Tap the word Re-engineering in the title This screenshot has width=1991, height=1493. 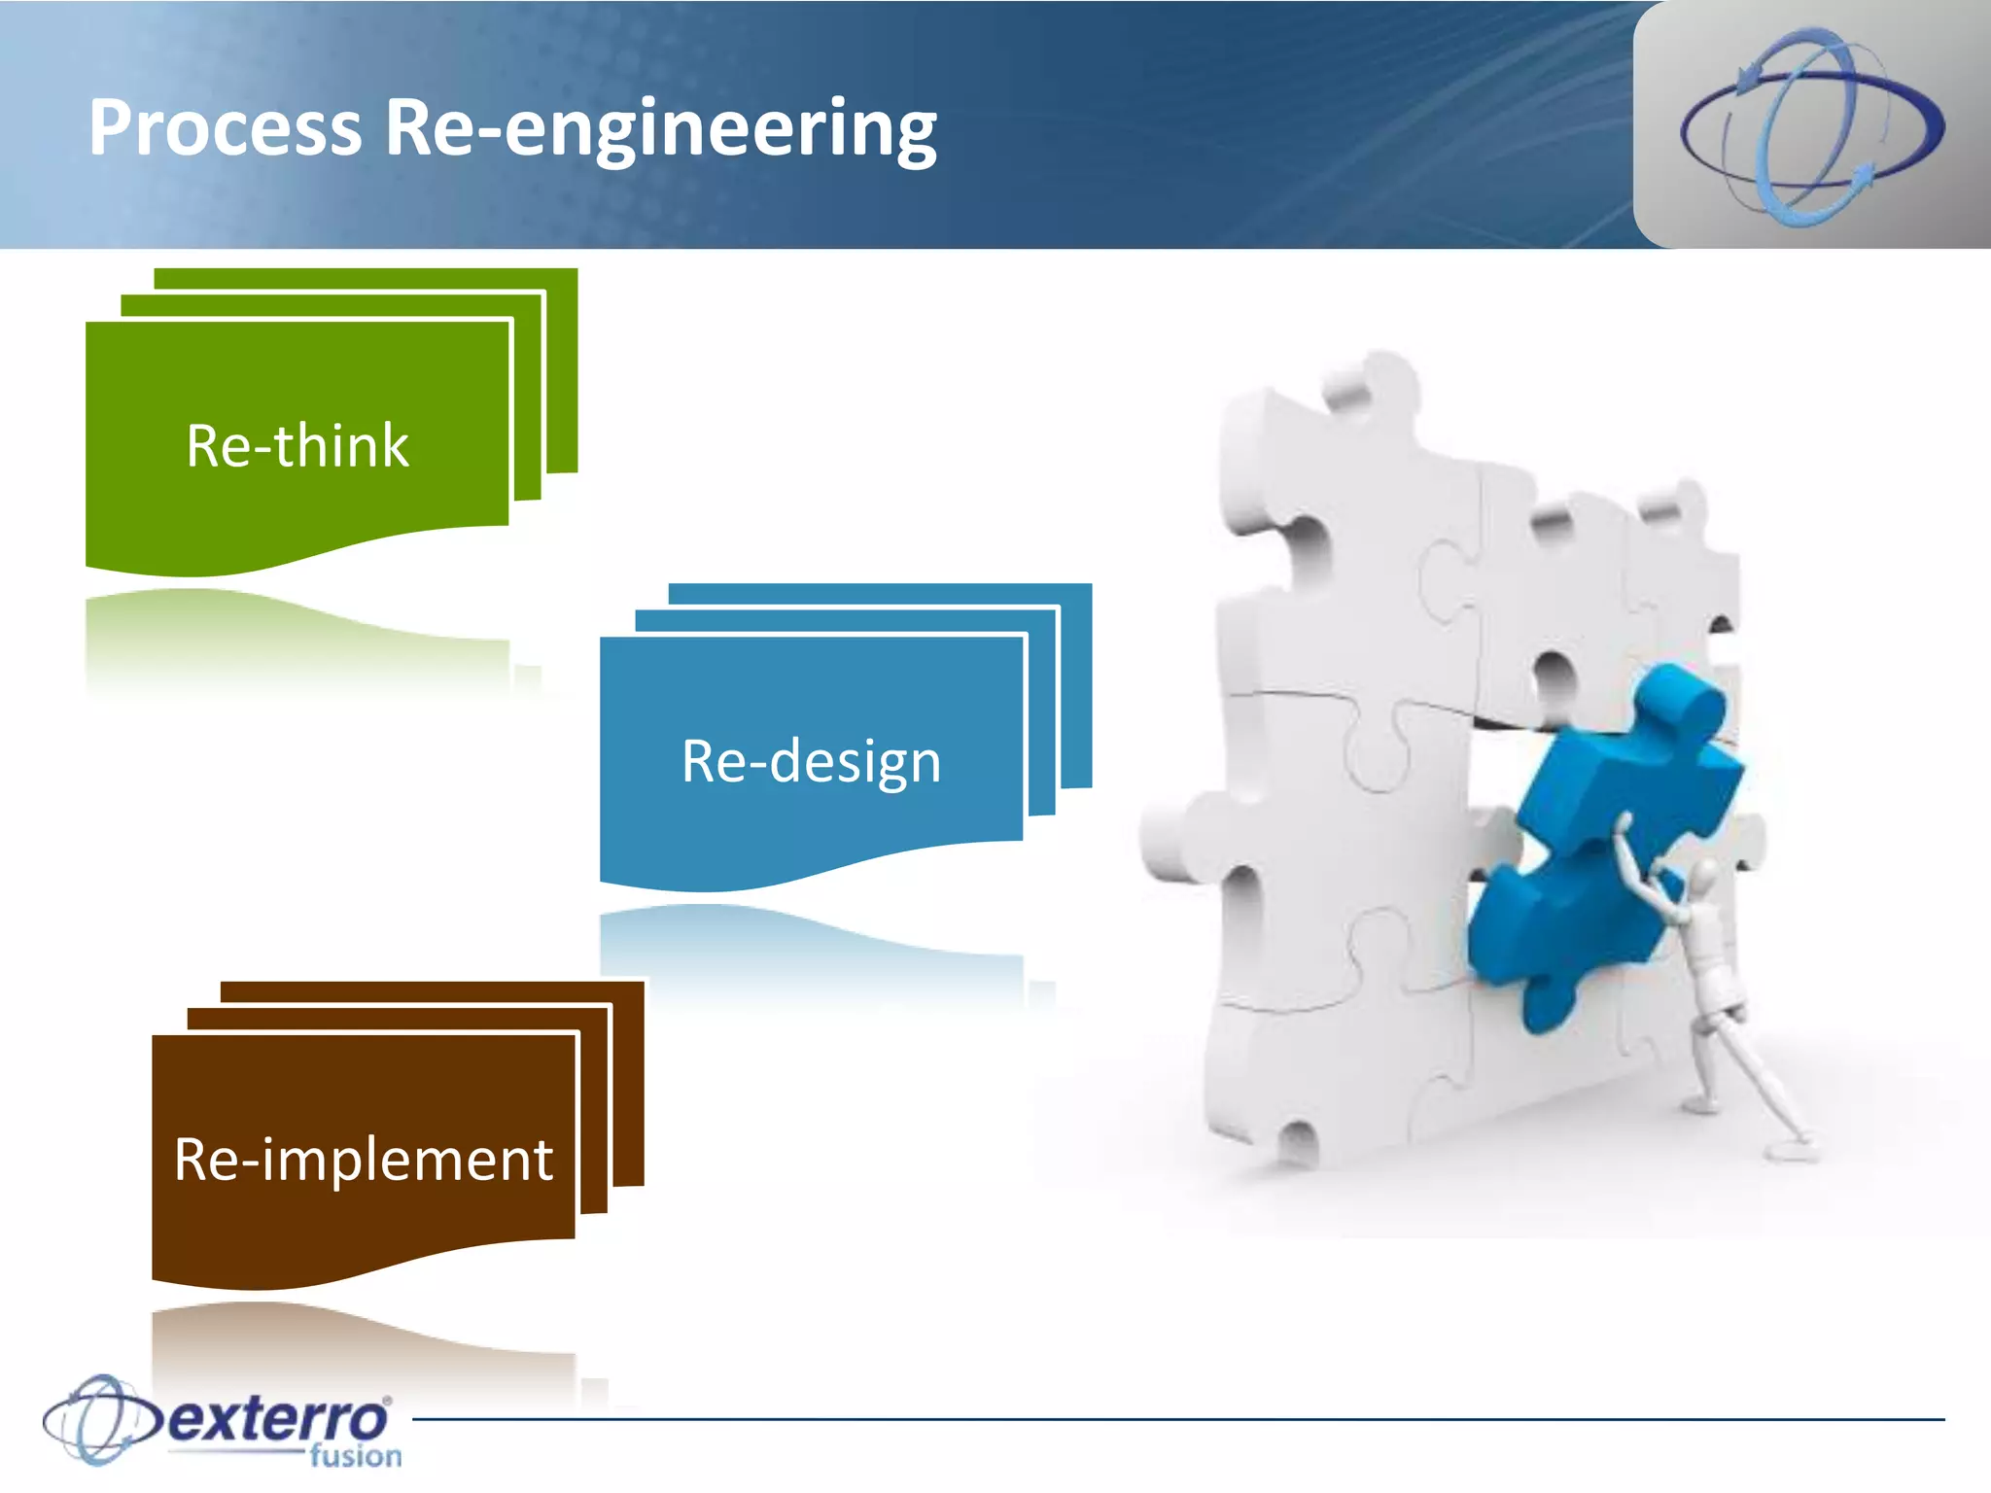click(661, 128)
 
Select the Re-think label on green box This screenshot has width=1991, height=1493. click(297, 446)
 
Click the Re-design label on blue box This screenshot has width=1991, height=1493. click(812, 761)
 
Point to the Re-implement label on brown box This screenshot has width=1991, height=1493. click(364, 1160)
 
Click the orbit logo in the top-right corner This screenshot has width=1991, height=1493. click(1812, 126)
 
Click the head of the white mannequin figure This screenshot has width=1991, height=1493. click(1701, 880)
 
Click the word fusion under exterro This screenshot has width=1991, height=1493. click(356, 1456)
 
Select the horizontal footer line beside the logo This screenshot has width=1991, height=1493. click(1167, 1419)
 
